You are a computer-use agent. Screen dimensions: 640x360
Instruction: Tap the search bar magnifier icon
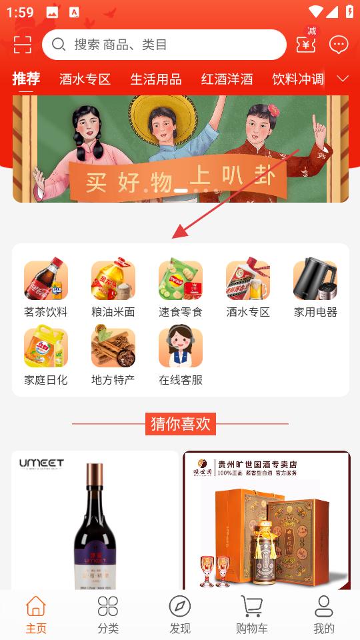[x=59, y=45]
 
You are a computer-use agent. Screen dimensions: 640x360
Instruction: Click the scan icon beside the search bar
[x=22, y=45]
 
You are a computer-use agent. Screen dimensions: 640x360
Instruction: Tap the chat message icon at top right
[x=339, y=45]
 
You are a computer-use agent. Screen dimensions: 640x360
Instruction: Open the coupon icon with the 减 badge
[x=307, y=44]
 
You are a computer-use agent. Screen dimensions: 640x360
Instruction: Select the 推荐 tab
[x=26, y=79]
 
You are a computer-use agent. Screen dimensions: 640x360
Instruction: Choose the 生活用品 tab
[x=155, y=79]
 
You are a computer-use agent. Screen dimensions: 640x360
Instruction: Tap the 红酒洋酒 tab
[x=227, y=79]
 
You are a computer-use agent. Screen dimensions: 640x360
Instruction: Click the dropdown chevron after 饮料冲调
[x=343, y=79]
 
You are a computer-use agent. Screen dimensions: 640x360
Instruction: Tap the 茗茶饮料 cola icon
[x=46, y=280]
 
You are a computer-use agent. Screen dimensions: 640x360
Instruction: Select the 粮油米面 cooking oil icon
[x=113, y=280]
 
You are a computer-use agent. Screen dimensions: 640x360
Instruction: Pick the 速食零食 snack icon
[x=180, y=280]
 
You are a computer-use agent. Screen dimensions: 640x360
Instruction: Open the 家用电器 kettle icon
[x=315, y=280]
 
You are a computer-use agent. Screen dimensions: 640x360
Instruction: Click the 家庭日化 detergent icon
[x=46, y=347]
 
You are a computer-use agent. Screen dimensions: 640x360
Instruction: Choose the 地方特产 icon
[x=113, y=347]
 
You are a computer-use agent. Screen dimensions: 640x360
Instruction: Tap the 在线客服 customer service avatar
[x=180, y=347]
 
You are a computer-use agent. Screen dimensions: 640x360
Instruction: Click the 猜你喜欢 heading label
[x=180, y=423]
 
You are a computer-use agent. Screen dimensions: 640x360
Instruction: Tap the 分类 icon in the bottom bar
[x=108, y=607]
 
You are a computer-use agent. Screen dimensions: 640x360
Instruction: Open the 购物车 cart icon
[x=252, y=607]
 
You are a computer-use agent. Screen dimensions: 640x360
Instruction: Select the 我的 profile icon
[x=324, y=607]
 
